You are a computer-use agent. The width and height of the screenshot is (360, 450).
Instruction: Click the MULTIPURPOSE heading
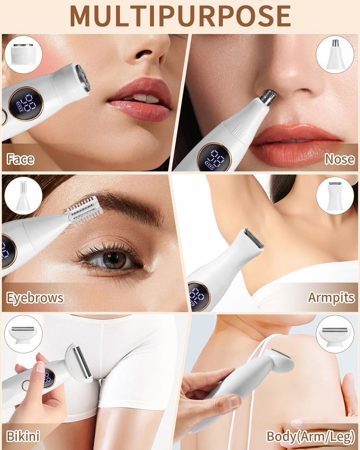(180, 16)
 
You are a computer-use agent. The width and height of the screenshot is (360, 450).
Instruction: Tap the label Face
(20, 159)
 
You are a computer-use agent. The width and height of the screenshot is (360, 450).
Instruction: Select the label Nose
(339, 159)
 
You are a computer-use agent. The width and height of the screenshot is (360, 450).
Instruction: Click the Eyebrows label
(35, 298)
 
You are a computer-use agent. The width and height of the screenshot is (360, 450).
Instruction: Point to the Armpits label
(331, 297)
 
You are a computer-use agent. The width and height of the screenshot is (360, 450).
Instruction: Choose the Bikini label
(23, 436)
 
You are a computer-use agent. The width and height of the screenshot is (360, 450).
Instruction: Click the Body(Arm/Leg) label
(311, 437)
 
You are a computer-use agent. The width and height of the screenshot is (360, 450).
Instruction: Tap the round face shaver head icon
(24, 54)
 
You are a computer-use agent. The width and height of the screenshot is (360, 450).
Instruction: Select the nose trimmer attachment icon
(335, 54)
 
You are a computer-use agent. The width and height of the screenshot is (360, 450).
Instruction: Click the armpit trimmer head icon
(335, 196)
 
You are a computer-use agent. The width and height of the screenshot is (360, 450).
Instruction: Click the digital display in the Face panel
(26, 104)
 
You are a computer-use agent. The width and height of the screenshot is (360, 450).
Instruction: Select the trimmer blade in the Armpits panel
(254, 238)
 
